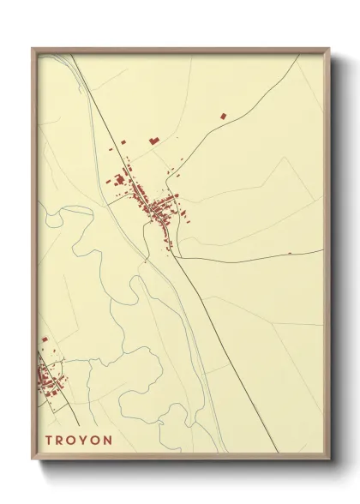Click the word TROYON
point(79,440)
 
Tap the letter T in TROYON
point(49,440)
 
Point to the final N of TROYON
point(108,440)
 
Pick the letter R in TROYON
point(60,440)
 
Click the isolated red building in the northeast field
point(224,115)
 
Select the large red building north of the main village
point(154,140)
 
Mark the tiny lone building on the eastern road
point(290,253)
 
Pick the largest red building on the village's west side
point(119,179)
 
